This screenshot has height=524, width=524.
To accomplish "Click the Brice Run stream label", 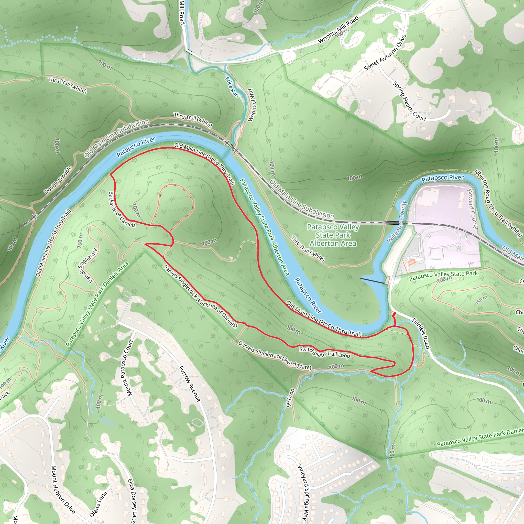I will tap(232, 87).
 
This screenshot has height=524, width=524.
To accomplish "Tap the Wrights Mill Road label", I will tap(338, 29).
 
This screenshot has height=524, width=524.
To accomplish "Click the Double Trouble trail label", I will tap(58, 180).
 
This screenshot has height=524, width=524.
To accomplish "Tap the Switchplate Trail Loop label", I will tap(324, 352).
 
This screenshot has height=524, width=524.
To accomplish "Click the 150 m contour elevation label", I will tap(482, 300).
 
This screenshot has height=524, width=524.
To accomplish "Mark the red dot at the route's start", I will tap(395, 313).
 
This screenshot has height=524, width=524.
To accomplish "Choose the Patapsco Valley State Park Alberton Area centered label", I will tap(333, 235).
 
